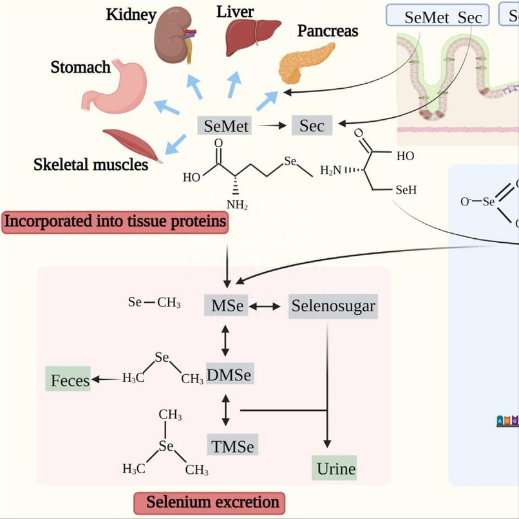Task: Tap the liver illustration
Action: click(x=252, y=37)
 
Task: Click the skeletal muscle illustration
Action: click(x=131, y=144)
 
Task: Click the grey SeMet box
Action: click(x=226, y=126)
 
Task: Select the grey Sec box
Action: click(x=312, y=125)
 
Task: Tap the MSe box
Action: click(x=227, y=305)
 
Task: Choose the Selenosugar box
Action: click(x=333, y=305)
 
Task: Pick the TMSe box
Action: click(x=231, y=446)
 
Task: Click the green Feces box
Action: click(x=70, y=380)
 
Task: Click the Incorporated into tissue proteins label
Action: click(x=115, y=222)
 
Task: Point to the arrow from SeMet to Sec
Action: click(x=274, y=126)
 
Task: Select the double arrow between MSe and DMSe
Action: click(x=225, y=340)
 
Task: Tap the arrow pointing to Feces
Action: click(x=104, y=380)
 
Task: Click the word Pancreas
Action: click(x=328, y=31)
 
